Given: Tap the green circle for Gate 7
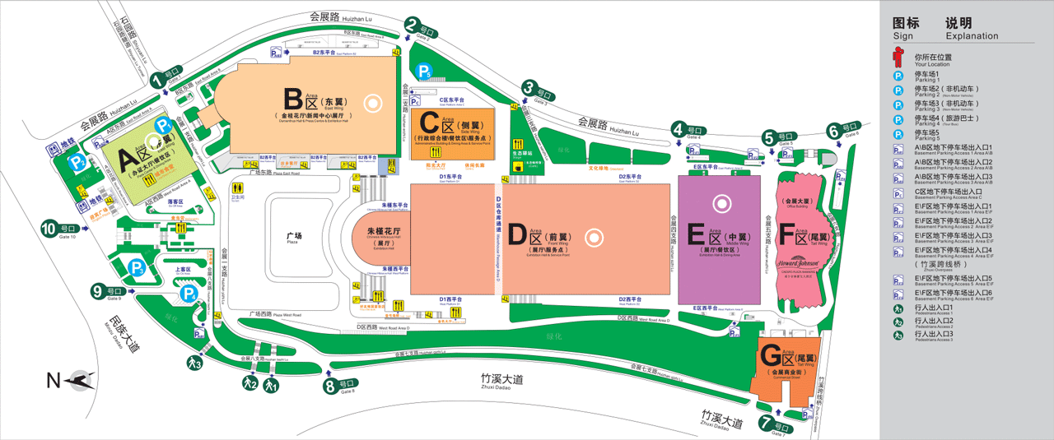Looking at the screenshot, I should [x=767, y=424].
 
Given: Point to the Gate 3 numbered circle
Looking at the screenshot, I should [x=528, y=88].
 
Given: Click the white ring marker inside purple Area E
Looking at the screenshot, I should [x=722, y=201].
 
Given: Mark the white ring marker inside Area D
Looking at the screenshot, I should [x=592, y=238].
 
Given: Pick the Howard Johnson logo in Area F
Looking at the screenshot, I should [x=798, y=262].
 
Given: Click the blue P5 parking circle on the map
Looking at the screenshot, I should [x=423, y=72].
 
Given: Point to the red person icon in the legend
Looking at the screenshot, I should [x=899, y=58].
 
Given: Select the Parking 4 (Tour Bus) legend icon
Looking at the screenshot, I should [x=899, y=119].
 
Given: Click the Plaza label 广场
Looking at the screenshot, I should [x=294, y=237].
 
